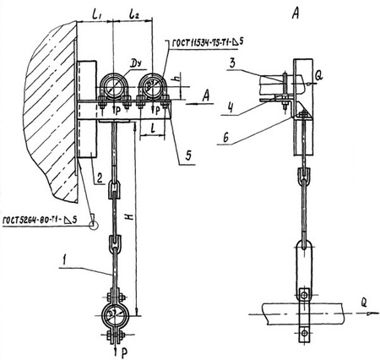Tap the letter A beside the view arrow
[x=206, y=97]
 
